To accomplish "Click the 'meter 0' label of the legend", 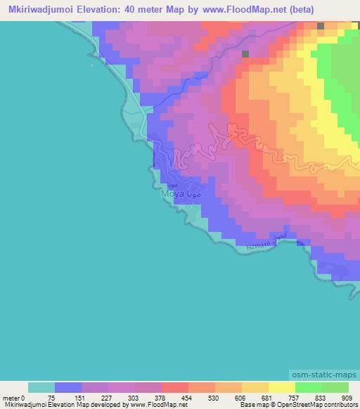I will point(13,398).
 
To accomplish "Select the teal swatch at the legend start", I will point(41,387).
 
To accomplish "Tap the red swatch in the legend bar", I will point(174,387).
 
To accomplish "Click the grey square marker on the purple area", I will point(245,53).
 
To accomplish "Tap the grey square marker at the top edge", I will point(321,25).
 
